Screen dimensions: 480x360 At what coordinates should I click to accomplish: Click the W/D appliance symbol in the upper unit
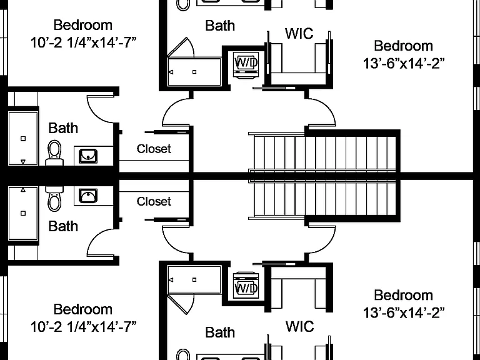point(246,64)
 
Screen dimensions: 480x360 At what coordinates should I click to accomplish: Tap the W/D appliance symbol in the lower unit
point(246,285)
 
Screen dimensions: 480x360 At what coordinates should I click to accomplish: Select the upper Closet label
point(154,149)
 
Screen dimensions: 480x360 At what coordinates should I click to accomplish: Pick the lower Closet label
point(154,201)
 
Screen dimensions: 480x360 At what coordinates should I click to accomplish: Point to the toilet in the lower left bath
point(54,198)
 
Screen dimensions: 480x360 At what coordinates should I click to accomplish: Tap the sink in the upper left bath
point(88,156)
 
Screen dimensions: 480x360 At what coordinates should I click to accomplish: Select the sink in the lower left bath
point(88,196)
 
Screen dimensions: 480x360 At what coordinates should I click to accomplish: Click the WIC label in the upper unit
point(299,33)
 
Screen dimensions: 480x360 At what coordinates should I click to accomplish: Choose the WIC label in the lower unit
point(300,327)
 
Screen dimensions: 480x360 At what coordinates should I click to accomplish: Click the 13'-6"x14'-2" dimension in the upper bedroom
point(404,64)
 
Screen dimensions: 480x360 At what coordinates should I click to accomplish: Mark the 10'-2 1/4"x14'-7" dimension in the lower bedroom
point(83,327)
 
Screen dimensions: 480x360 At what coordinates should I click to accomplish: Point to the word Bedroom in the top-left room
point(83,25)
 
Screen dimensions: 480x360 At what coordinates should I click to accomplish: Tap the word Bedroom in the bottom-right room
point(404,296)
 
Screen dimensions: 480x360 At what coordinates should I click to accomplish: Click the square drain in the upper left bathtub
point(23,139)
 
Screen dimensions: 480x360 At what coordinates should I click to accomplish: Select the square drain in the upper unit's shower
point(194,72)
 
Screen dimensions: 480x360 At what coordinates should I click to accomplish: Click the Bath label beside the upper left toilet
point(63,128)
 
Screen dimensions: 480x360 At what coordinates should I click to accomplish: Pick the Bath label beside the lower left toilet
point(63,226)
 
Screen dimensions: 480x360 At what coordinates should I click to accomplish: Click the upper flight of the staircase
point(323,152)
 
